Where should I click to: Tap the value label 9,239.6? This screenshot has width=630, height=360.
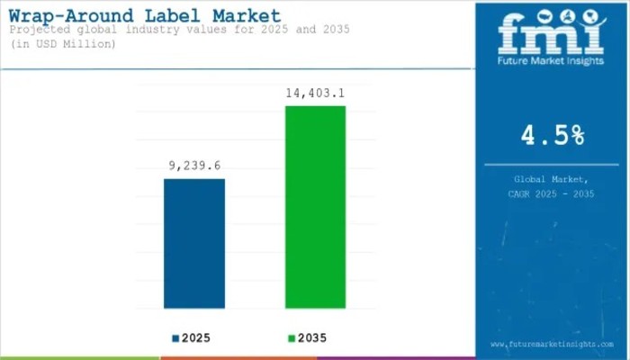[x=194, y=166]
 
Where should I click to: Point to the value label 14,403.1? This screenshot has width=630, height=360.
[x=316, y=93]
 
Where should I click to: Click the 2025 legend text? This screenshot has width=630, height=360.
[x=198, y=338]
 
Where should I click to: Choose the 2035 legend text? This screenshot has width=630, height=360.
[x=311, y=338]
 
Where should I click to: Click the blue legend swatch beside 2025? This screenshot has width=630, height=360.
[x=175, y=338]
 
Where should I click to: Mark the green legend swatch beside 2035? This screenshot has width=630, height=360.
[x=291, y=338]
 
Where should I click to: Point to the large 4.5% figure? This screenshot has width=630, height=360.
[x=552, y=136]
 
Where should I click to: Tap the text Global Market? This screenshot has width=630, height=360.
[x=552, y=180]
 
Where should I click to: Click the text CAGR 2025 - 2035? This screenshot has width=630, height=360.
[x=552, y=193]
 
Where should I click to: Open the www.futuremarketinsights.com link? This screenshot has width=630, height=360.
[x=552, y=345]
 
